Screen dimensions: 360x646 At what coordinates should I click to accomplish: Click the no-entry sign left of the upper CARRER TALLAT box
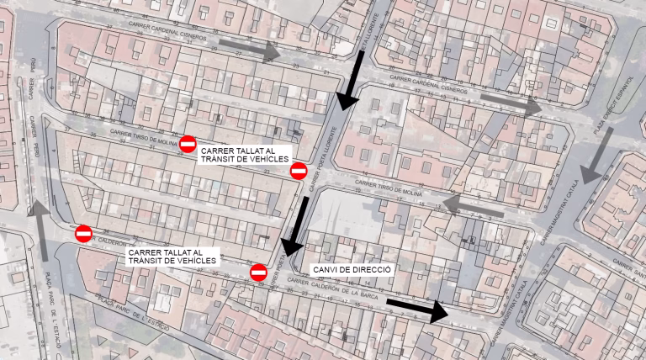[x=188, y=145]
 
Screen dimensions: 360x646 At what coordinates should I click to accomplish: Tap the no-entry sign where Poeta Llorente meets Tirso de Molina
[x=298, y=172]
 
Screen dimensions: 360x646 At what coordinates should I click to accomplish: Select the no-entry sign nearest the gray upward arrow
[x=83, y=233]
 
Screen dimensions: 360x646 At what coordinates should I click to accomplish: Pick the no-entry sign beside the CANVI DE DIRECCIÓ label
[x=259, y=272]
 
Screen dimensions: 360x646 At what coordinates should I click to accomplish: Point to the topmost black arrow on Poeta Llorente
[x=351, y=80]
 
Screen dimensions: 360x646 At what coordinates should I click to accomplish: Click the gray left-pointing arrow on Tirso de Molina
[x=472, y=206]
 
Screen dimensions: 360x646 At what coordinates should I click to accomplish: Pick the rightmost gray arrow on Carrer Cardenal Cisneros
[x=511, y=102]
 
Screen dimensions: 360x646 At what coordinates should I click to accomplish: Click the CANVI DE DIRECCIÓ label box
[x=352, y=269]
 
